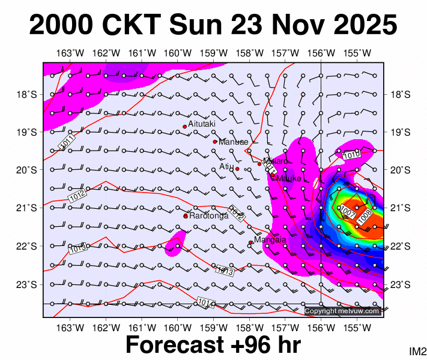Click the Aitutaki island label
pyautogui.click(x=202, y=124)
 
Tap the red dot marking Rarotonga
pyautogui.click(x=186, y=216)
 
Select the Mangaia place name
pyautogui.click(x=270, y=240)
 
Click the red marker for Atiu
pyautogui.click(x=237, y=169)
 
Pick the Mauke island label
pyautogui.click(x=288, y=178)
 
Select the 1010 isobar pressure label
pyautogui.click(x=351, y=155)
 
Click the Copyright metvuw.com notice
pyautogui.click(x=343, y=311)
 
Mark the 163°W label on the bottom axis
pyautogui.click(x=71, y=327)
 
